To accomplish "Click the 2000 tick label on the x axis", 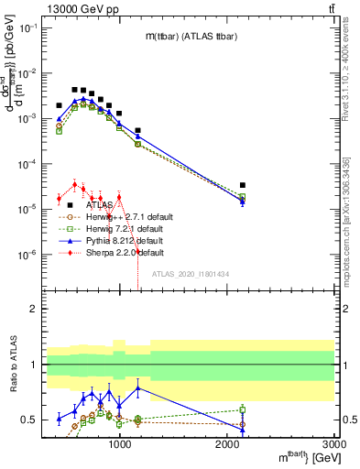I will [228, 444].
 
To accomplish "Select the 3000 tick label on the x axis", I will [333, 444].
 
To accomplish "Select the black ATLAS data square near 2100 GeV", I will [243, 185].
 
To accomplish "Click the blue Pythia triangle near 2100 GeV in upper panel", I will [243, 201].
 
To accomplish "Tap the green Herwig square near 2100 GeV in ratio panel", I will [243, 409].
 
